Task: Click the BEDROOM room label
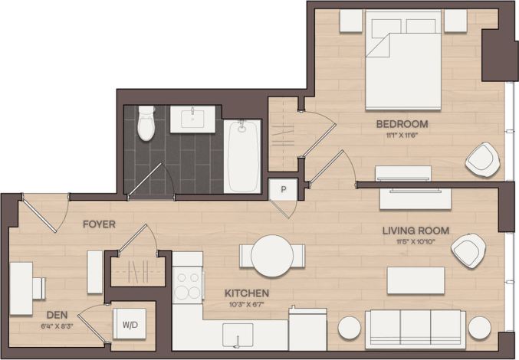pyautogui.click(x=401, y=123)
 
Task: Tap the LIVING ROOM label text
pyautogui.click(x=416, y=231)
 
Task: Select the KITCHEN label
pyautogui.click(x=246, y=293)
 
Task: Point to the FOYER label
pyautogui.click(x=99, y=224)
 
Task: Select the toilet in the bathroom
pyautogui.click(x=146, y=123)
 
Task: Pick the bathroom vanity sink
pyautogui.click(x=192, y=119)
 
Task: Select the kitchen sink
pyautogui.click(x=238, y=334)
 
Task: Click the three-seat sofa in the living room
pyautogui.click(x=415, y=328)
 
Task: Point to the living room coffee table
pyautogui.click(x=416, y=280)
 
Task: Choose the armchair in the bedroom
pyautogui.click(x=482, y=159)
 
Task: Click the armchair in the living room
pyautogui.click(x=468, y=250)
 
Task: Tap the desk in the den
pyautogui.click(x=21, y=289)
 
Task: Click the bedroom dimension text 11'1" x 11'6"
pyautogui.click(x=401, y=135)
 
